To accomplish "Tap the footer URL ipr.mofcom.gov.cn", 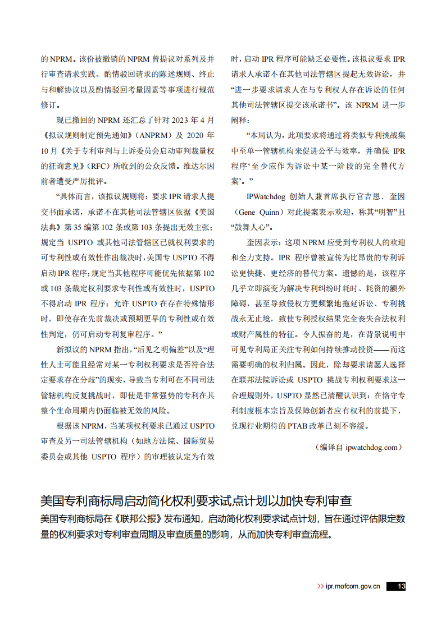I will coord(353,586).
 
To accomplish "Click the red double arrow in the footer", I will coord(320,586).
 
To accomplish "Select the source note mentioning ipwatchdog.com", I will coord(359,447).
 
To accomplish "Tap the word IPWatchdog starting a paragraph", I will coord(266,197).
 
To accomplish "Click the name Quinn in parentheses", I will coord(272,212).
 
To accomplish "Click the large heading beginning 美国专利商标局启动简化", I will coord(199,500).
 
